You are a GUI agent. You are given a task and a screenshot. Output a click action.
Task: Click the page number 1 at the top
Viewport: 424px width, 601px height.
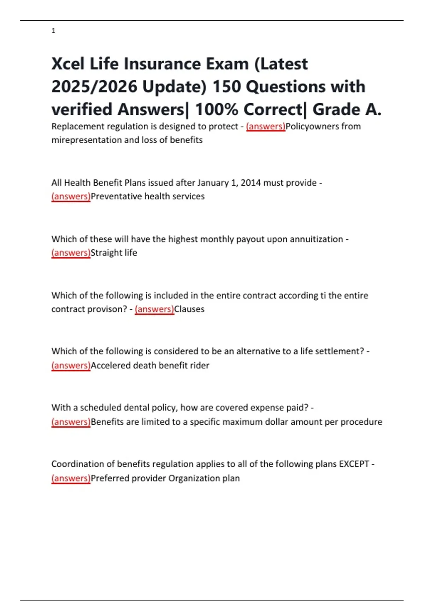click(53, 31)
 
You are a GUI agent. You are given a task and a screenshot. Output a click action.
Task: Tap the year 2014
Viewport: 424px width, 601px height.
click(251, 183)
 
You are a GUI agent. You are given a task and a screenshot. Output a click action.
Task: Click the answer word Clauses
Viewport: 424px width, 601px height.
click(189, 309)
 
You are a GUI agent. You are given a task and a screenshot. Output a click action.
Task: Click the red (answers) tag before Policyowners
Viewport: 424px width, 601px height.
click(265, 126)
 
